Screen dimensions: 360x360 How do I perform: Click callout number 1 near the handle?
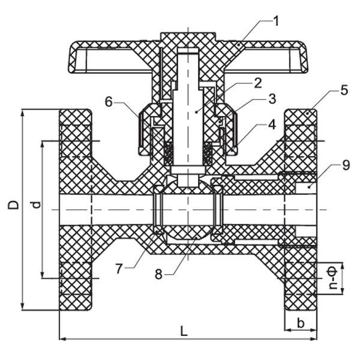276,22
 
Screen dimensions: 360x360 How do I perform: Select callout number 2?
257,83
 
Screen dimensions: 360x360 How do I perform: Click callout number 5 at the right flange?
343,91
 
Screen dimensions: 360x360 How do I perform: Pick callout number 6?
109,102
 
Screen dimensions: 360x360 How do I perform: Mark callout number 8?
158,274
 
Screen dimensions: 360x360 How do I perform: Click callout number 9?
345,164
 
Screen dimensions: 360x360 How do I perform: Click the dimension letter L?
184,331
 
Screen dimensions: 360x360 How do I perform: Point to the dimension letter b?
301,323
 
